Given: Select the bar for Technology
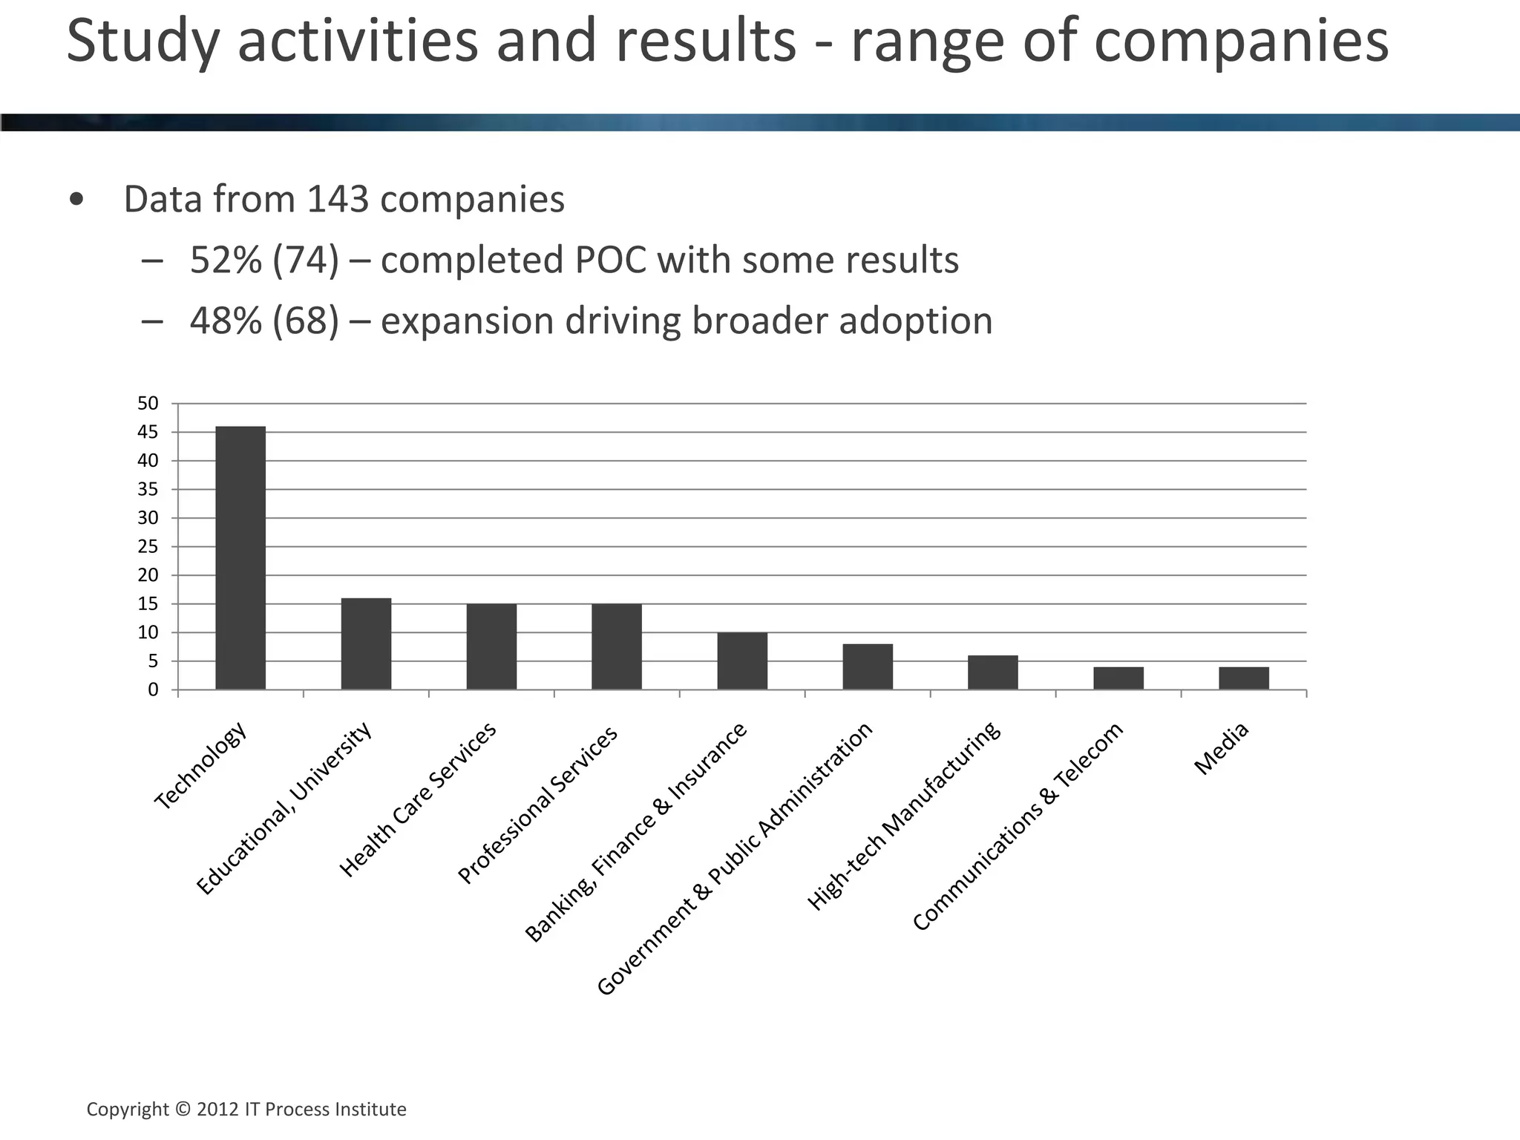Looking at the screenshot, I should click(240, 558).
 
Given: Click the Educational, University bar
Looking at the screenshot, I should click(366, 643).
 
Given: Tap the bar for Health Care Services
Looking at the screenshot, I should click(491, 646).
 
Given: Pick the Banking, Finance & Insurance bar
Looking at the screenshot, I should click(742, 661).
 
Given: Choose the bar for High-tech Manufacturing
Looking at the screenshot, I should click(993, 672).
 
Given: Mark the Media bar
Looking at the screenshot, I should click(1244, 678).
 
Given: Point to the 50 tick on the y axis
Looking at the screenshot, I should click(148, 404).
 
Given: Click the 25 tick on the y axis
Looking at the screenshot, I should click(148, 547).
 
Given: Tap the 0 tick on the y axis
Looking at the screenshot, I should click(153, 690).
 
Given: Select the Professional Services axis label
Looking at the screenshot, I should click(537, 805).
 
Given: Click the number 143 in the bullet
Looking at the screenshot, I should click(338, 199).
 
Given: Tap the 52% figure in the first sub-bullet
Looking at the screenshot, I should click(226, 261).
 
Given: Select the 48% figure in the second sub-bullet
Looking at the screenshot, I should click(226, 321).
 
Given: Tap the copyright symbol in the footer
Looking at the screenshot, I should click(183, 1110).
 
